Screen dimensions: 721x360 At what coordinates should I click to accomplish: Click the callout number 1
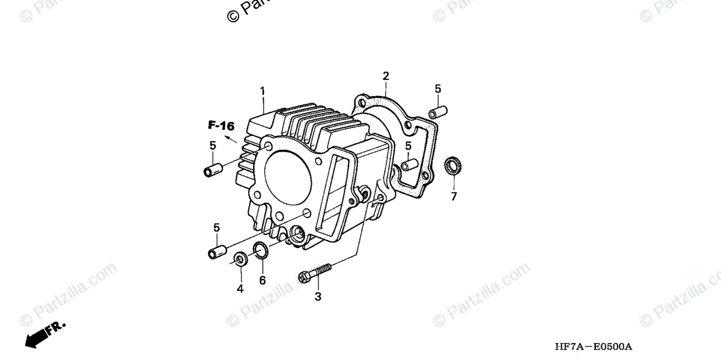[x=262, y=91]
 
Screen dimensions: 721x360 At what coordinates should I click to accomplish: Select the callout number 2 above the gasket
[x=386, y=76]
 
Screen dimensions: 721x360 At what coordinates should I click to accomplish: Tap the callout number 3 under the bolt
[x=318, y=296]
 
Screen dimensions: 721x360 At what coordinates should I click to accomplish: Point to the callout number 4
[x=240, y=288]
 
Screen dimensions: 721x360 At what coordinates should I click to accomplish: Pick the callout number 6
[x=262, y=281]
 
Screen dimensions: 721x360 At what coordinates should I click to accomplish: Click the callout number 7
[x=454, y=197]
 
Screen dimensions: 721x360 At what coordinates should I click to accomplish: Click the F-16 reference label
[x=221, y=126]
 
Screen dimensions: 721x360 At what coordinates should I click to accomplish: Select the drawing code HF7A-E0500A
[x=594, y=347]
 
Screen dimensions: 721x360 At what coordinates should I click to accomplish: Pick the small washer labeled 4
[x=240, y=260]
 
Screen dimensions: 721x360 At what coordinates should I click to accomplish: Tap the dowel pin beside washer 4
[x=216, y=251]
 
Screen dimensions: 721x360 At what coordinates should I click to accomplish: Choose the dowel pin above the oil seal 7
[x=437, y=112]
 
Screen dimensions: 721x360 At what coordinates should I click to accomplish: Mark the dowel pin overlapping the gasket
[x=410, y=163]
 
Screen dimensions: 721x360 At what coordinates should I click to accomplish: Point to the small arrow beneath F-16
[x=230, y=138]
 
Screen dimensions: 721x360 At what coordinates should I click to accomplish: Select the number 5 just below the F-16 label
[x=213, y=145]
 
